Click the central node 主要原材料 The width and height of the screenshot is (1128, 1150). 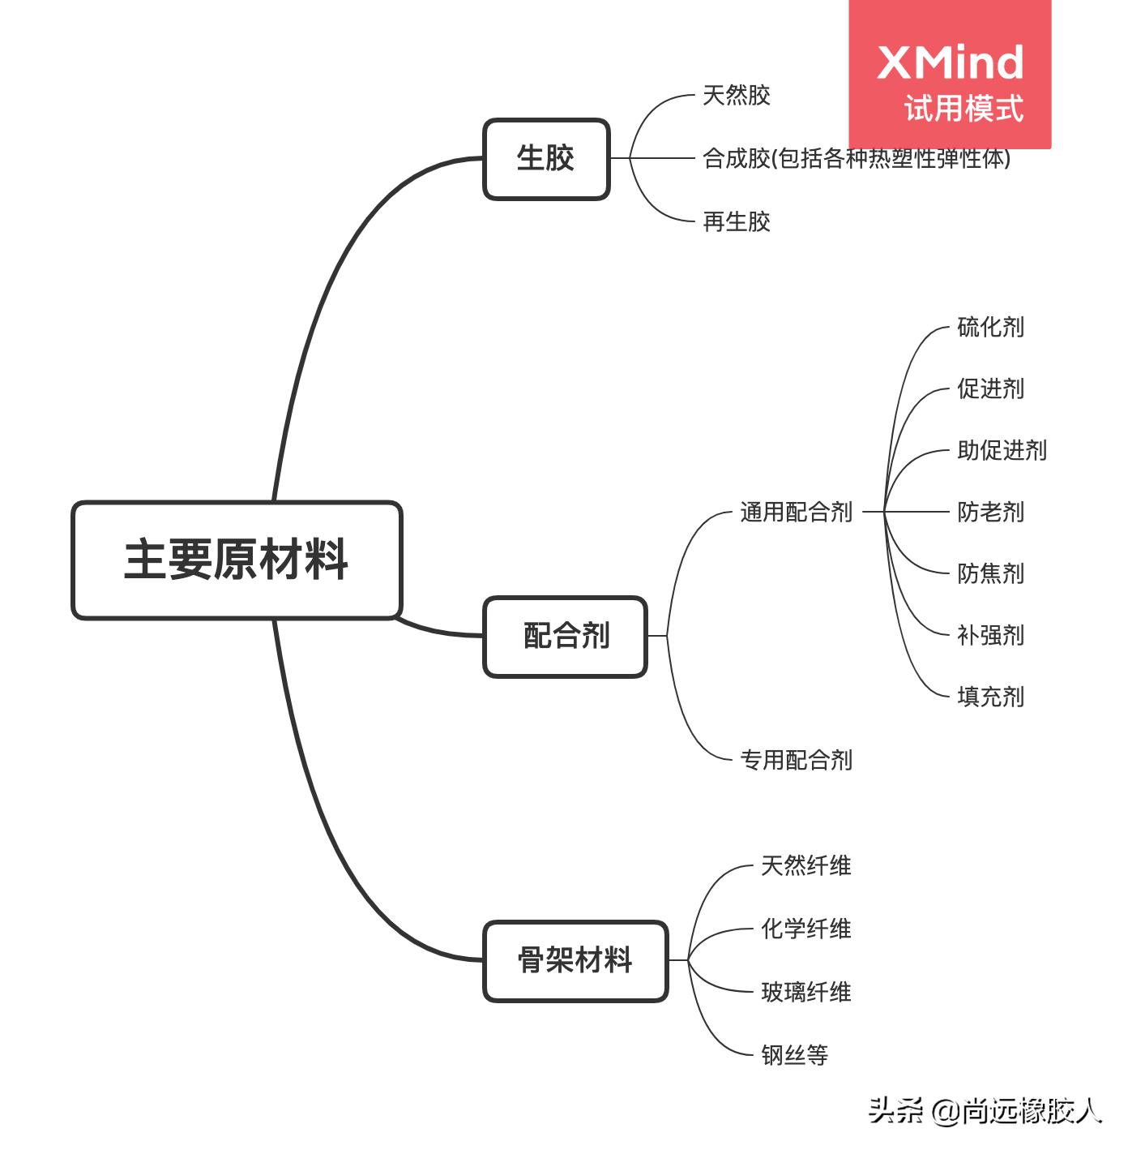pyautogui.click(x=237, y=560)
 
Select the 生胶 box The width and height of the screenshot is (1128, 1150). pyautogui.click(x=546, y=159)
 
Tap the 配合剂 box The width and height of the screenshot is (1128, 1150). pyautogui.click(x=566, y=637)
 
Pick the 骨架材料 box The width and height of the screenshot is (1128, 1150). pyautogui.click(x=575, y=961)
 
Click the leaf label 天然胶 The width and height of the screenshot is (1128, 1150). pyautogui.click(x=736, y=96)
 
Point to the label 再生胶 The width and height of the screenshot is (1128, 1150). pyautogui.click(x=736, y=221)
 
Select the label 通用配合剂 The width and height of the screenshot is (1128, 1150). pyautogui.click(x=796, y=512)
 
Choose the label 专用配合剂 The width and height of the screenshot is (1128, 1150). pyautogui.click(x=796, y=760)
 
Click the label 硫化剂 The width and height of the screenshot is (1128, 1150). pyautogui.click(x=990, y=327)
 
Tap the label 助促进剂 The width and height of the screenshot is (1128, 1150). pyautogui.click(x=1002, y=450)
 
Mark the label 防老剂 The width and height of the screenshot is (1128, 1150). pyautogui.click(x=990, y=512)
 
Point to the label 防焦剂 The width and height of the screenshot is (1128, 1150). pyautogui.click(x=990, y=573)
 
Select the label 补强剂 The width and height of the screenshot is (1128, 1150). pyautogui.click(x=990, y=635)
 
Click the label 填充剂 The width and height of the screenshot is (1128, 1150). pyautogui.click(x=990, y=697)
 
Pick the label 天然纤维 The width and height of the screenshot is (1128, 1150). pyautogui.click(x=805, y=865)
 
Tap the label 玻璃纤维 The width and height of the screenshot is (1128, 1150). pyautogui.click(x=805, y=992)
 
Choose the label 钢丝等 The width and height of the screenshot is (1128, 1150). pyautogui.click(x=794, y=1055)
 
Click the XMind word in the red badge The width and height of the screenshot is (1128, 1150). pyautogui.click(x=950, y=62)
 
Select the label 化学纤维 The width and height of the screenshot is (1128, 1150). pyautogui.click(x=805, y=929)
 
